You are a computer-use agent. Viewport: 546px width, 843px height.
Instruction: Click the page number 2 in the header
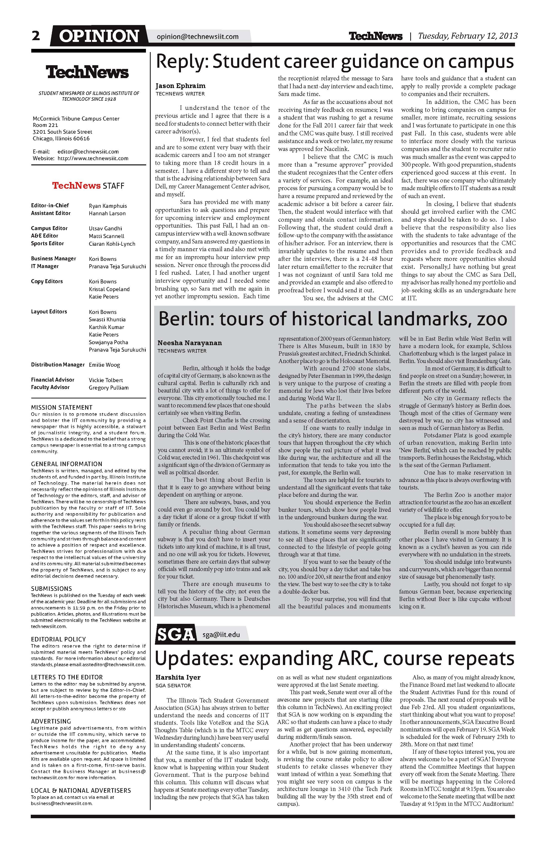click(x=36, y=36)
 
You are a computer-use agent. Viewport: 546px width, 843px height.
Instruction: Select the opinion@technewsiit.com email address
click(x=198, y=36)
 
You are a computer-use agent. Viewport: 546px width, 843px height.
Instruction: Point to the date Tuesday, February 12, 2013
click(x=468, y=36)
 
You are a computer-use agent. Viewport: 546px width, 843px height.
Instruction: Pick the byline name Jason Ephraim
click(x=180, y=86)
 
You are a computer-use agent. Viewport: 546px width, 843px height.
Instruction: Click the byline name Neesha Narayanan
click(x=190, y=343)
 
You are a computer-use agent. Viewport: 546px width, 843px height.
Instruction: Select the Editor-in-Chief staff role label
click(x=50, y=206)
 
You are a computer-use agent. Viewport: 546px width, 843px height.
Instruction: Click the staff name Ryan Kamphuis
click(x=108, y=206)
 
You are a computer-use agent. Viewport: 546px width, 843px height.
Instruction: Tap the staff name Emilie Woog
click(x=104, y=365)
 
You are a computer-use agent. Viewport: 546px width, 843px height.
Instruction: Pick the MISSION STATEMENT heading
click(x=62, y=407)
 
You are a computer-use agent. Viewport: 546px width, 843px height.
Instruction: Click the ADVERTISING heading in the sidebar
click(x=51, y=721)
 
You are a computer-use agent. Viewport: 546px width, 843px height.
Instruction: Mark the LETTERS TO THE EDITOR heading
click(x=67, y=677)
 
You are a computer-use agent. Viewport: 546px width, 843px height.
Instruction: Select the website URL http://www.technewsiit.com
click(x=93, y=158)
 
